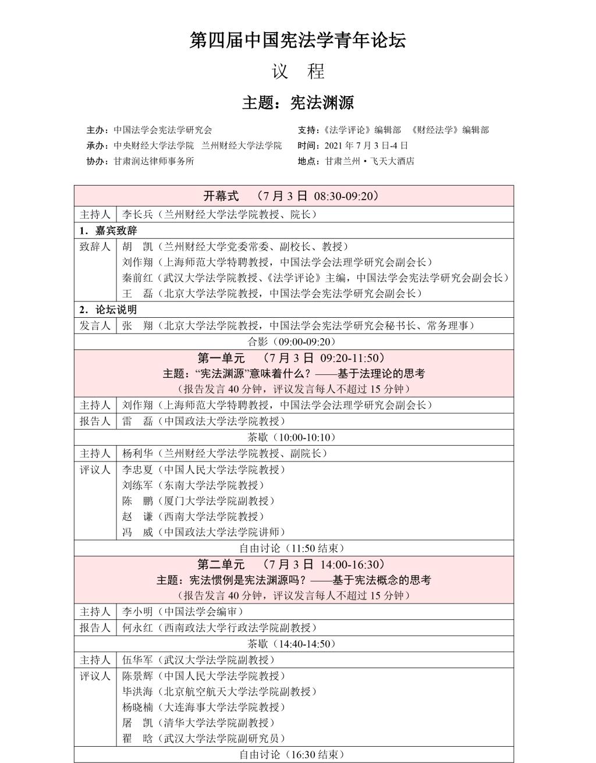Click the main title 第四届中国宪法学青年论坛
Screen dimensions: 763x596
coord(297,40)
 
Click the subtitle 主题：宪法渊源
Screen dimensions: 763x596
coord(297,103)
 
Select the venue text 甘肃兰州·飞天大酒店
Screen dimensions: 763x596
coord(370,161)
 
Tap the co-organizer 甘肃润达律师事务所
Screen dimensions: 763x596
coord(154,161)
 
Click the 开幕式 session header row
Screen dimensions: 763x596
coord(293,196)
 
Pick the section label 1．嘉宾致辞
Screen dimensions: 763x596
coord(108,230)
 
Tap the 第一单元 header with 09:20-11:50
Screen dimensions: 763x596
coord(293,358)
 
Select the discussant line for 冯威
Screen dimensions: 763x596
coord(204,531)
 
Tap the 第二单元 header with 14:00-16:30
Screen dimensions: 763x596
coord(293,564)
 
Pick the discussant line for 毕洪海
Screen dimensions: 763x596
coord(219,691)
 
